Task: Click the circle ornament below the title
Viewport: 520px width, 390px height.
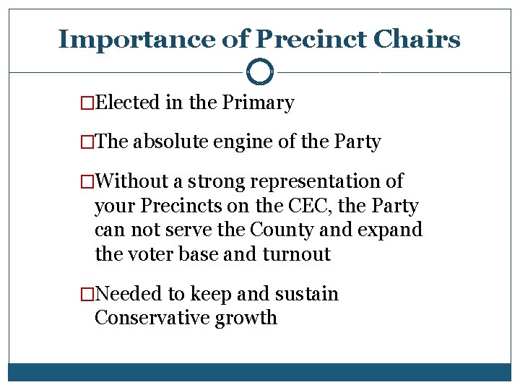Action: click(260, 72)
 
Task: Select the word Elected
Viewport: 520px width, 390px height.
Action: click(127, 103)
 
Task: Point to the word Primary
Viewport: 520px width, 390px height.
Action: click(258, 103)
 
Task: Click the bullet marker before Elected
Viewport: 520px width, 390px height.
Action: click(87, 103)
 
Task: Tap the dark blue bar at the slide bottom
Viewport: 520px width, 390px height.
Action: click(260, 371)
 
